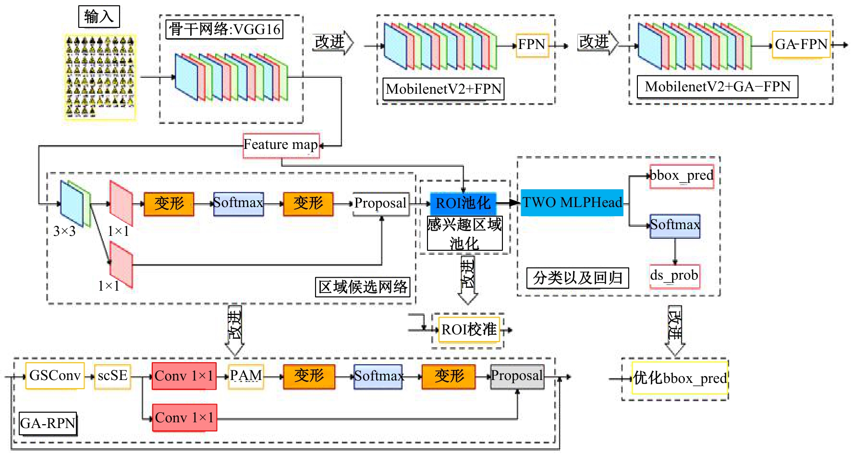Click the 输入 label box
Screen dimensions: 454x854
click(x=99, y=17)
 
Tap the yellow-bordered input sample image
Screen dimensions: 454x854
click(x=100, y=77)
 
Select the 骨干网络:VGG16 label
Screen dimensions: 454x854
click(x=224, y=29)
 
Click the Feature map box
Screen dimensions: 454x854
click(x=281, y=145)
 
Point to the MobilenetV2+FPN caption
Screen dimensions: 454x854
click(x=443, y=89)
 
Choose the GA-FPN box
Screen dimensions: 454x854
click(x=801, y=45)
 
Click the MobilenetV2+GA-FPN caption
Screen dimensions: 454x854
click(x=717, y=87)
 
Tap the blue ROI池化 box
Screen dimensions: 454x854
click(x=463, y=203)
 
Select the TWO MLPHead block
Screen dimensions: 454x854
click(x=572, y=202)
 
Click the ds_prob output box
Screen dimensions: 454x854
click(x=674, y=276)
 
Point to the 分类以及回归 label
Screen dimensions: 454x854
click(x=577, y=278)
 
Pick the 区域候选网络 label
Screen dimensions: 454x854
click(x=363, y=287)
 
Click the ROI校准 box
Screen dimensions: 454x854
click(x=469, y=330)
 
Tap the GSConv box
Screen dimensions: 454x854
click(x=55, y=375)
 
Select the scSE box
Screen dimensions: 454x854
click(x=112, y=375)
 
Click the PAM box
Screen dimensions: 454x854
click(x=246, y=375)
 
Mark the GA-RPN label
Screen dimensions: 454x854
click(x=48, y=423)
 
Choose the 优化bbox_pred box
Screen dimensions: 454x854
click(x=680, y=379)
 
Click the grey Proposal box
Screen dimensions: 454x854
click(x=517, y=376)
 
